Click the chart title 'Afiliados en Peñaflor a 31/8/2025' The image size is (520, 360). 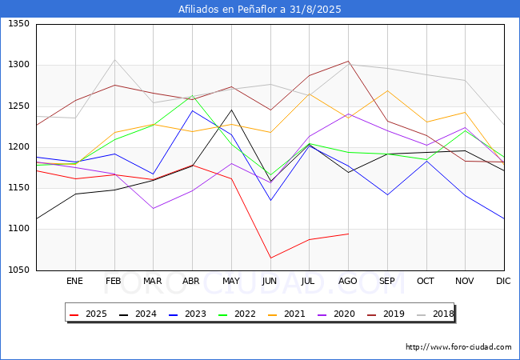pyautogui.click(x=260, y=9)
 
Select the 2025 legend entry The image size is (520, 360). pyautogui.click(x=88, y=314)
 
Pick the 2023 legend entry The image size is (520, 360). pyautogui.click(x=187, y=314)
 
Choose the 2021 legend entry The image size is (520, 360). pyautogui.click(x=286, y=314)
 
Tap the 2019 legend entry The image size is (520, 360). pyautogui.click(x=386, y=314)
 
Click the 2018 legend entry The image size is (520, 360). pyautogui.click(x=435, y=314)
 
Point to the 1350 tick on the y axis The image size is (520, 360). pyautogui.click(x=18, y=24)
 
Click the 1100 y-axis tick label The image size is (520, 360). pyautogui.click(x=18, y=229)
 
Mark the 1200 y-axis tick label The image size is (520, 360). pyautogui.click(x=18, y=147)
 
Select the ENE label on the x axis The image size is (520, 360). pyautogui.click(x=74, y=281)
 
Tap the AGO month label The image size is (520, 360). pyautogui.click(x=347, y=281)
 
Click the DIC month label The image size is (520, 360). pyautogui.click(x=503, y=281)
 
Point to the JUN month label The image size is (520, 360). pyautogui.click(x=270, y=281)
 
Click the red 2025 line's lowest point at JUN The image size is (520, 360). pyautogui.click(x=270, y=258)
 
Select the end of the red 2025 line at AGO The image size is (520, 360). pyautogui.click(x=349, y=234)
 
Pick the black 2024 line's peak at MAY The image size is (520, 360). pyautogui.click(x=231, y=110)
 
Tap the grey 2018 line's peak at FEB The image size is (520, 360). pyautogui.click(x=114, y=60)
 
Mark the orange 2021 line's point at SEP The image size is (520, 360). pyautogui.click(x=387, y=90)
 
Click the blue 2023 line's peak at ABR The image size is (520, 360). pyautogui.click(x=192, y=110)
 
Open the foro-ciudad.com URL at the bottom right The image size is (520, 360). pyautogui.click(x=458, y=347)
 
